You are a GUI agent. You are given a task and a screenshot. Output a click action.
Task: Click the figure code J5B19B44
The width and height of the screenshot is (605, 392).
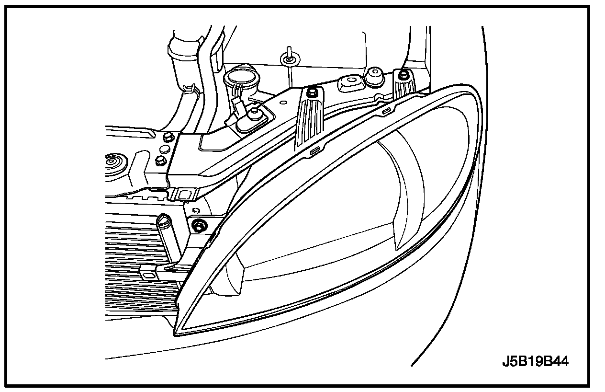tap(535, 361)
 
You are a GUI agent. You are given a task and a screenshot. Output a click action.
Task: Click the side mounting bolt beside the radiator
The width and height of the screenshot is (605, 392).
tap(199, 225)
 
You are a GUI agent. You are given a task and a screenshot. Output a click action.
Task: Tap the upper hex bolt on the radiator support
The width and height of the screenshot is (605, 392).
tap(168, 138)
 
